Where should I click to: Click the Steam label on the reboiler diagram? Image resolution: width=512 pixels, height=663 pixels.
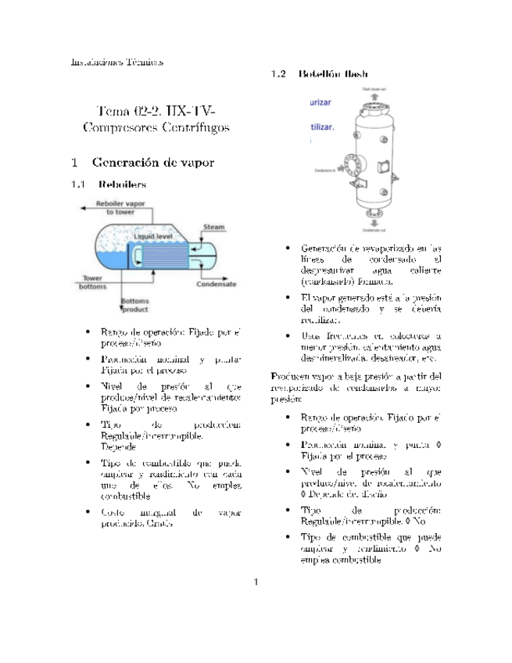(214, 228)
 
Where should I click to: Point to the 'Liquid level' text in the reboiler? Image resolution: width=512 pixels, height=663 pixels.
(153, 235)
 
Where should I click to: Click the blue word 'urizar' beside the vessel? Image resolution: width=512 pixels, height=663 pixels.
(321, 103)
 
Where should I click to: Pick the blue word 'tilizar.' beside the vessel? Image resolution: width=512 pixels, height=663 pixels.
(322, 125)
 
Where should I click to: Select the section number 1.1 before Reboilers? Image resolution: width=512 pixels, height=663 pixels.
(77, 186)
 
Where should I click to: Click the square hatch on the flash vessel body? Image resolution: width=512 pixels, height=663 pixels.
(385, 166)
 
